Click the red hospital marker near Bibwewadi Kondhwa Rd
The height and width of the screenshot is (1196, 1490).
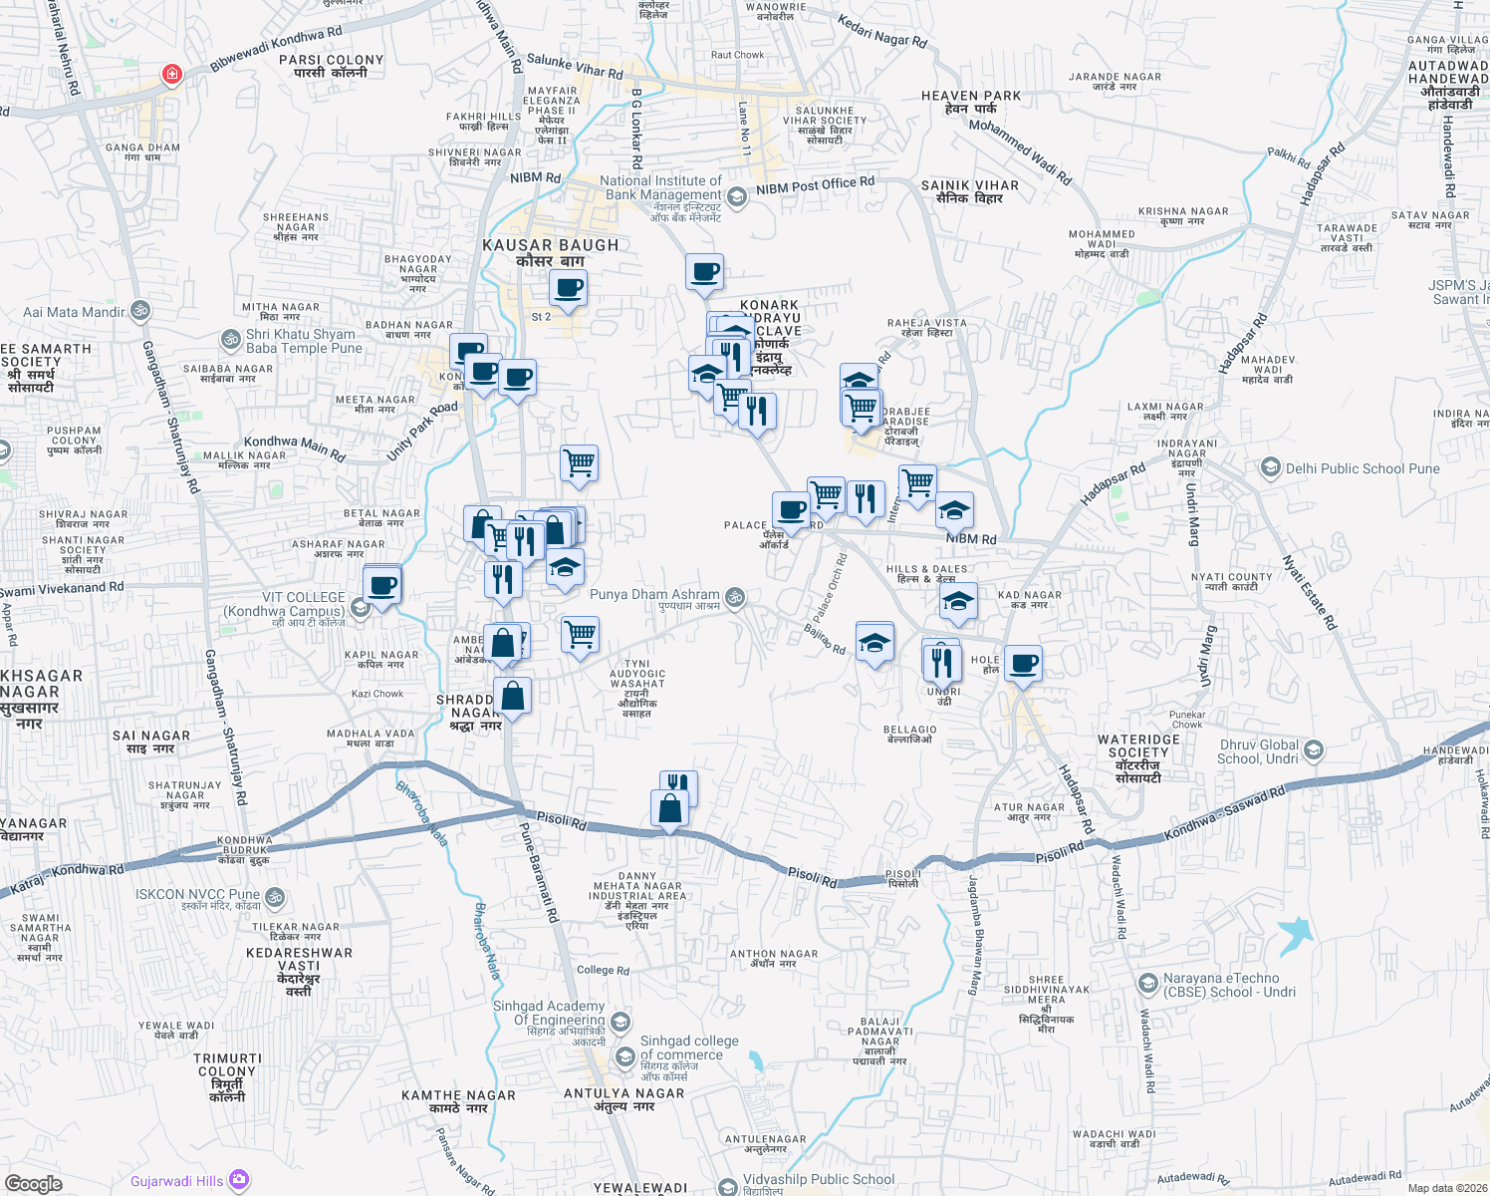coord(172,75)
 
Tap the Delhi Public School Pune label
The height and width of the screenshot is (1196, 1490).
coord(1362,468)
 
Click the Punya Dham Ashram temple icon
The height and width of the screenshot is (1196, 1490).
coord(735,596)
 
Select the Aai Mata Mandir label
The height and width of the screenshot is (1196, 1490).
coord(75,312)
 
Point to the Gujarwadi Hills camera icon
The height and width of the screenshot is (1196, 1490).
coord(239,1181)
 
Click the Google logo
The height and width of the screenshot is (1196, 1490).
coord(33,1184)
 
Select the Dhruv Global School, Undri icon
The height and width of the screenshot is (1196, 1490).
coord(1313,750)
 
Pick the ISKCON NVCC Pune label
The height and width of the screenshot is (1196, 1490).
coord(197,894)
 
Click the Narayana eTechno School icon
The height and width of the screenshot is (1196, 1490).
coord(1147,984)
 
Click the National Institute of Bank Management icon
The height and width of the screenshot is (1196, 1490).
coord(736,196)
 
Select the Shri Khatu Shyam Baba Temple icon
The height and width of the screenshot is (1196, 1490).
coord(230,340)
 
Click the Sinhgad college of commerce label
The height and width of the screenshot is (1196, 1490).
coord(689,1047)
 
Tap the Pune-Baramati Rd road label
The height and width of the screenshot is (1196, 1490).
coord(539,872)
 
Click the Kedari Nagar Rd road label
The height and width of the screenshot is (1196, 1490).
coord(881,31)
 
